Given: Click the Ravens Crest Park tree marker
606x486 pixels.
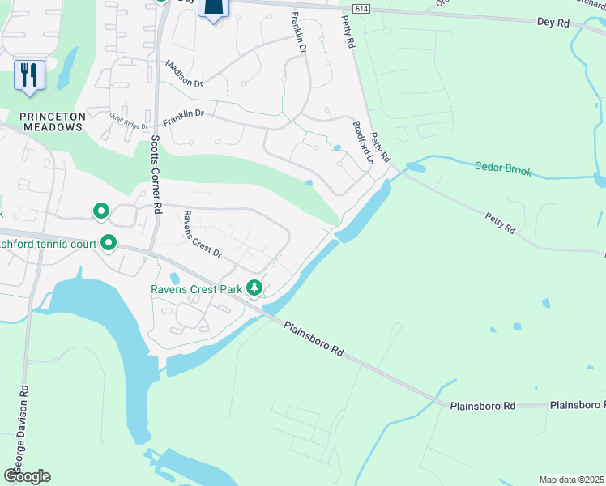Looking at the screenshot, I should point(254,288).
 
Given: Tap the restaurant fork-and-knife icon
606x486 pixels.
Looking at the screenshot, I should point(29,75).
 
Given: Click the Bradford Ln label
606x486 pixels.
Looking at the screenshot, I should point(362,143).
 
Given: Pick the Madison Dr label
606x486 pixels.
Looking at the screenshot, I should point(183,73).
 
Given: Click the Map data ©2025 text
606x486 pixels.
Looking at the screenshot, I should point(572,480).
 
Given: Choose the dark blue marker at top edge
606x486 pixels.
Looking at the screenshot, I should point(214,8).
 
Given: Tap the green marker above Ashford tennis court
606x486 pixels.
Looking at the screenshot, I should point(101,212).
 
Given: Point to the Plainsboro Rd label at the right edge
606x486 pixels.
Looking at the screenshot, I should point(577,404).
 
